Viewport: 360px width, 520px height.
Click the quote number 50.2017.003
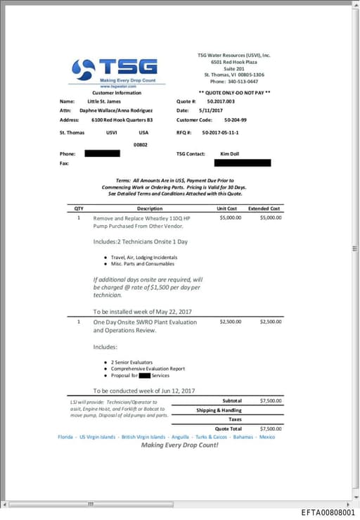(221, 101)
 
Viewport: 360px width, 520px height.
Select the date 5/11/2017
(210, 110)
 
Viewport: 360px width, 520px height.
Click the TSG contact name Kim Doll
(229, 153)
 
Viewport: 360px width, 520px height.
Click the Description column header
(150, 208)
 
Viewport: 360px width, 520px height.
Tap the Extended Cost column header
(264, 208)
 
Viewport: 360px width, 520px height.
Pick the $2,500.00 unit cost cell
(231, 322)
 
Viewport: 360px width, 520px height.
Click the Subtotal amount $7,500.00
(271, 400)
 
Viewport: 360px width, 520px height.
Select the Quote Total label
(228, 428)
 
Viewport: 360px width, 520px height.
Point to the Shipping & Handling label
(219, 410)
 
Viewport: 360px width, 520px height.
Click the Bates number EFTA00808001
(328, 513)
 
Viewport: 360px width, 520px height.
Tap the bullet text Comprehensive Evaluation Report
(148, 368)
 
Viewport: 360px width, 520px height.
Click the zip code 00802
(141, 144)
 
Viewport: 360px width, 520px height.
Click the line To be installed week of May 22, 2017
(143, 311)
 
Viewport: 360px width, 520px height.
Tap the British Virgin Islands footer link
(143, 436)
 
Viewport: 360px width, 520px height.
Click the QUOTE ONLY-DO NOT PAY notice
(234, 92)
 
